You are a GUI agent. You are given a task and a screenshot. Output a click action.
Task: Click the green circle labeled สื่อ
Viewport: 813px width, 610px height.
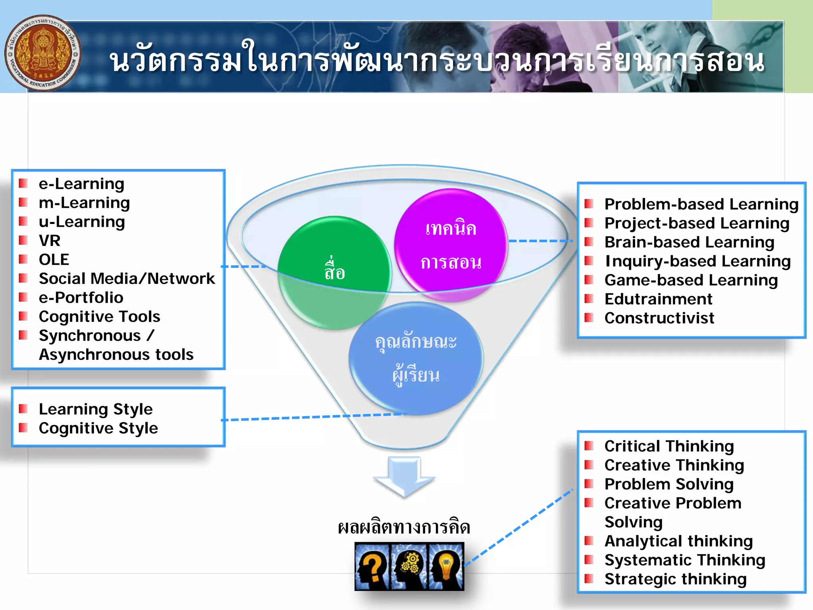(334, 272)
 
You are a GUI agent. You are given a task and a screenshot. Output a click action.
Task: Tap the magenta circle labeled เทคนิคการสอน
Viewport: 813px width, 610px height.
(451, 245)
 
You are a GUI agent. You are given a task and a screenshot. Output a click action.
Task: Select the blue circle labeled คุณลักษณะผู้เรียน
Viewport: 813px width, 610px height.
(416, 359)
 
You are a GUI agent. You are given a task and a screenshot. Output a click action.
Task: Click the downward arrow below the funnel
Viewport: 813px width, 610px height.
(404, 477)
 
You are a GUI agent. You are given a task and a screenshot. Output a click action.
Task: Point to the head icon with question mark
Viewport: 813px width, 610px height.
(372, 566)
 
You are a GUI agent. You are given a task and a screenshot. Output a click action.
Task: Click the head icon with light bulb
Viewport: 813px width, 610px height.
(446, 566)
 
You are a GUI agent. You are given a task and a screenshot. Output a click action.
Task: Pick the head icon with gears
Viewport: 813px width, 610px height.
(409, 566)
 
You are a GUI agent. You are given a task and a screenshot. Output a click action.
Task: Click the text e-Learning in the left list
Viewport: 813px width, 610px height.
(81, 184)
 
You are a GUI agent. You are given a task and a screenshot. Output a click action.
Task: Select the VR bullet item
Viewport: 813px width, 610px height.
(50, 241)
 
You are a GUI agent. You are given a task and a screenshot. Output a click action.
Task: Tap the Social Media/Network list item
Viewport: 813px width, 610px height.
(127, 279)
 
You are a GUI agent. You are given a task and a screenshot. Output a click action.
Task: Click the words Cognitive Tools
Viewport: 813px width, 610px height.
(99, 317)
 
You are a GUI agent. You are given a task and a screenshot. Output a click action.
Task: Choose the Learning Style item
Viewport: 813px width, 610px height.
(96, 409)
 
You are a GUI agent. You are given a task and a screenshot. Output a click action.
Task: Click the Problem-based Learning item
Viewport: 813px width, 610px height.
(701, 204)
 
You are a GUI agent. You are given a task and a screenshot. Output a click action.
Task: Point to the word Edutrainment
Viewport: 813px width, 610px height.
(658, 299)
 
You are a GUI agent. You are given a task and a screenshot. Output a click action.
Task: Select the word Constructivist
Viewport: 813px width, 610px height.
(659, 318)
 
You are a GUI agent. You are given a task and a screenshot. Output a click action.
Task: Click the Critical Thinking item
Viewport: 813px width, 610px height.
(669, 446)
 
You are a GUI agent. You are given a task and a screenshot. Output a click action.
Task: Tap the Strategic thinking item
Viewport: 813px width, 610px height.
(675, 579)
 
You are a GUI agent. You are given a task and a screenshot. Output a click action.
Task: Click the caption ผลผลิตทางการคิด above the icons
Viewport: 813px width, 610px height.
(404, 527)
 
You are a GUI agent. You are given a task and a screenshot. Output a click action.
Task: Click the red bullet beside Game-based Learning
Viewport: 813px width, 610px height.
(589, 280)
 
